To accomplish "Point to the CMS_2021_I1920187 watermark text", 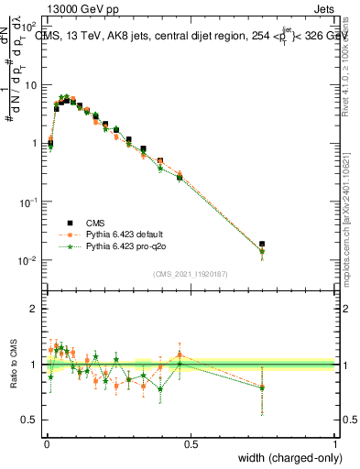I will coord(190,273).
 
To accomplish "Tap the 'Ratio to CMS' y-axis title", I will coord(13,365).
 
